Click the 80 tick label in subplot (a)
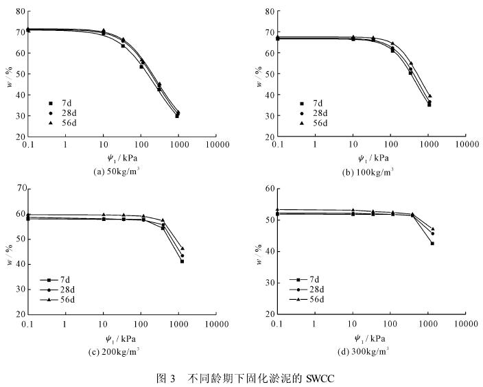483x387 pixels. (20, 11)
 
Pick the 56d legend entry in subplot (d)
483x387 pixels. (318, 301)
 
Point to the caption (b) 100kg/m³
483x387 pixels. (368, 172)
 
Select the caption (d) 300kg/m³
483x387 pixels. (368, 349)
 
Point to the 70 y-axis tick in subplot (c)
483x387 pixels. (20, 188)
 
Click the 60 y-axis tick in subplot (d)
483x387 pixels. (269, 188)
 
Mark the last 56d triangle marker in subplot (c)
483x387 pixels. (182, 248)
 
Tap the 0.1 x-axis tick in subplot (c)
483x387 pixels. (28, 323)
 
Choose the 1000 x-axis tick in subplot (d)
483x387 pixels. (427, 323)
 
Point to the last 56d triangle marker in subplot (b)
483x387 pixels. (430, 96)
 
